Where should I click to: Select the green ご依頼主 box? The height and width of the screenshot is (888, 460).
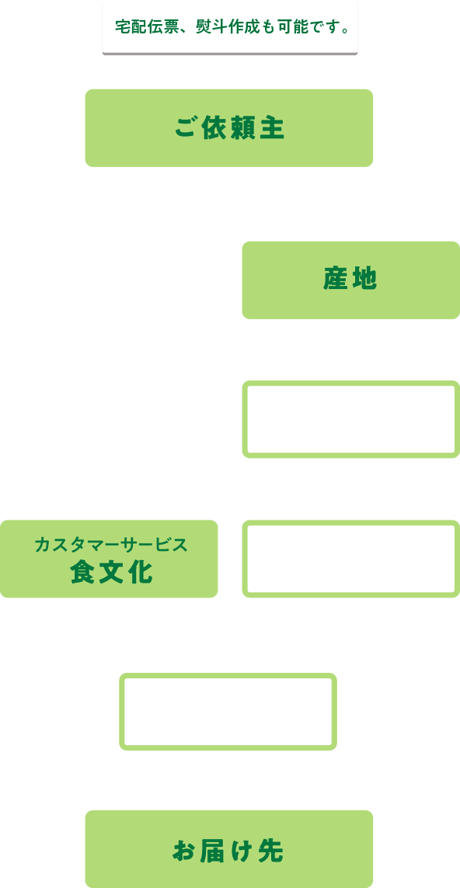pos(229,128)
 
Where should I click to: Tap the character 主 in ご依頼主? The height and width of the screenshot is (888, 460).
pos(272,129)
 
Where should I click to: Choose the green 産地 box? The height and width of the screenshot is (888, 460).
pos(351,280)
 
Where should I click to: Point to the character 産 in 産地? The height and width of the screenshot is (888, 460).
pos(336,278)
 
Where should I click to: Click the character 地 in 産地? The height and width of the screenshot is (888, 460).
pos(365,278)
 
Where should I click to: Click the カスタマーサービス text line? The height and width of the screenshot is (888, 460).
pos(110,545)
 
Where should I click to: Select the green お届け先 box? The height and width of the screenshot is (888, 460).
pos(229,849)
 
